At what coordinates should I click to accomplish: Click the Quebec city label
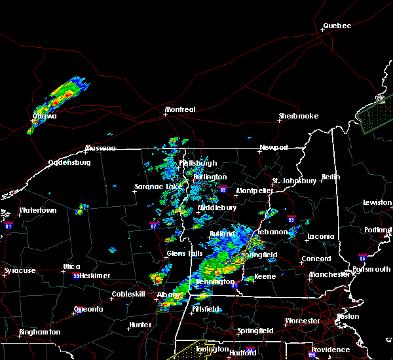[337, 26]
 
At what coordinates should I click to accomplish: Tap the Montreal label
[180, 109]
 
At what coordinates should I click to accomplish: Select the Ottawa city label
[45, 117]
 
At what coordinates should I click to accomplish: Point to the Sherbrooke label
[298, 116]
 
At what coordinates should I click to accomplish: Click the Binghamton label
[39, 332]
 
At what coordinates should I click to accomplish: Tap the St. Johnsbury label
[295, 181]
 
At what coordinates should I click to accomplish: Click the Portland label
[379, 230]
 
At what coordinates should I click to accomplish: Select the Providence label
[330, 350]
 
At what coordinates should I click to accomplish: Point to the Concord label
[316, 259]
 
